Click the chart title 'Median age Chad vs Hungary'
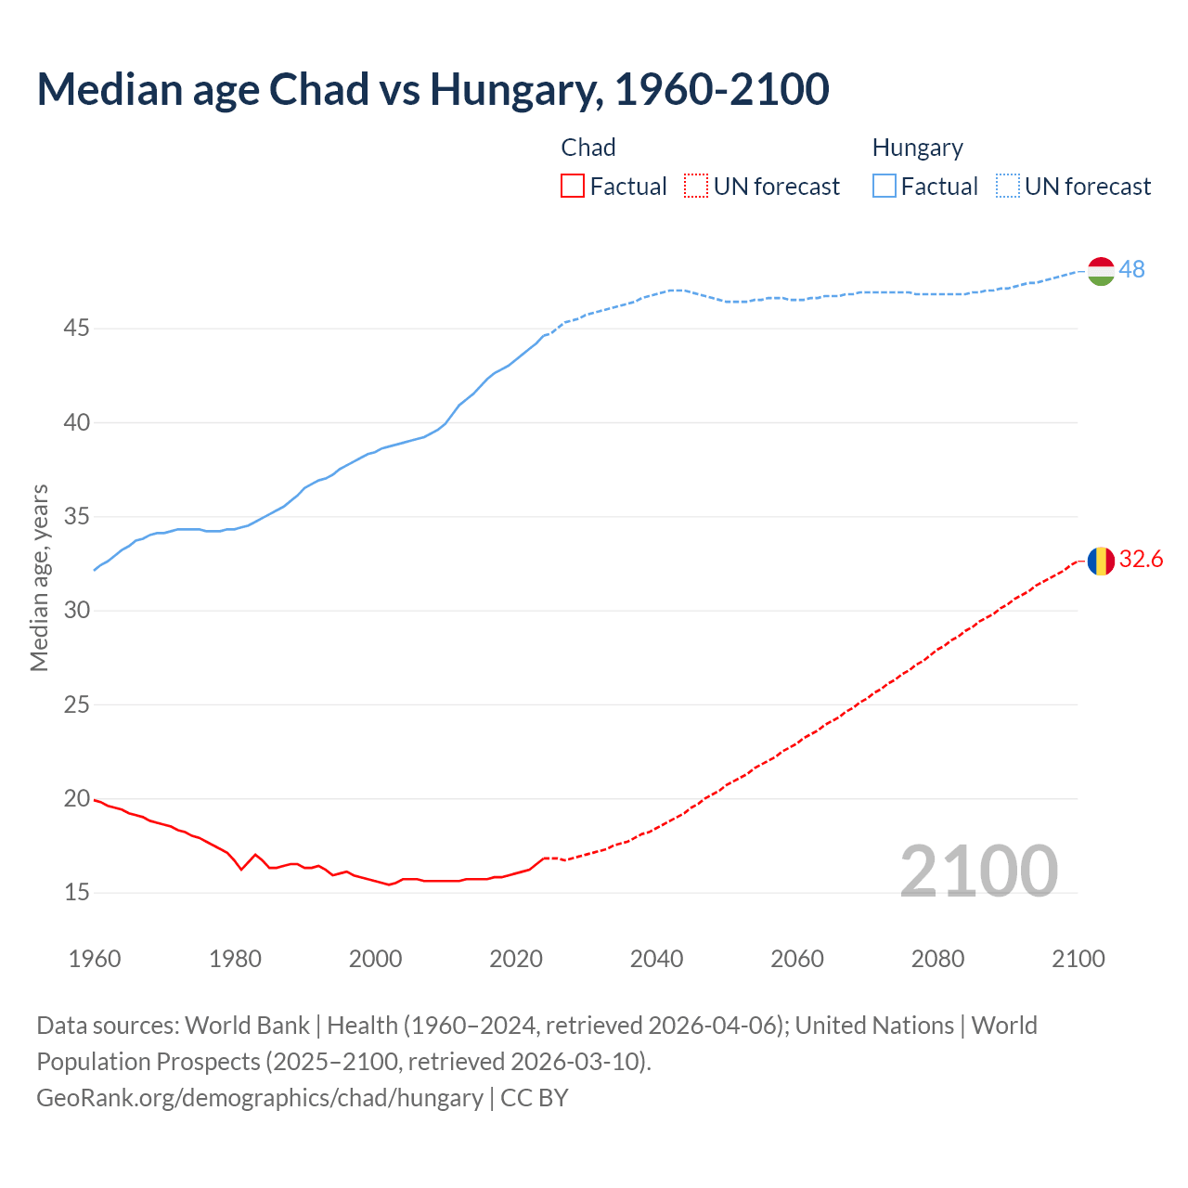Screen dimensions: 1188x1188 click(433, 89)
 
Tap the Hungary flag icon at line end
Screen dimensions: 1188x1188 click(1101, 270)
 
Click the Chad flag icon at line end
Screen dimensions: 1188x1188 click(1101, 561)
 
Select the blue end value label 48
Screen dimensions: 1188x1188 click(1131, 269)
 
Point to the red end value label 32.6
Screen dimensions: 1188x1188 click(1141, 559)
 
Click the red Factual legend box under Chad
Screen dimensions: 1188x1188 click(573, 187)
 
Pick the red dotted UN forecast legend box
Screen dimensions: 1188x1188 click(696, 187)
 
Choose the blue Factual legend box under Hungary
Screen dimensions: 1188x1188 click(885, 187)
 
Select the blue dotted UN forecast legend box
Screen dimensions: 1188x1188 click(1008, 187)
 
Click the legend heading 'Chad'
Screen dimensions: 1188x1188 click(588, 148)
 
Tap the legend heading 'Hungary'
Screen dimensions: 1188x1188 click(917, 148)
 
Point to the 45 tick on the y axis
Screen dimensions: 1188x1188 click(77, 329)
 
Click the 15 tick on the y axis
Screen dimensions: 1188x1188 click(77, 893)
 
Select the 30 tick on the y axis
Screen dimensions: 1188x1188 click(77, 611)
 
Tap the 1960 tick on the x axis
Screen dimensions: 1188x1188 click(95, 959)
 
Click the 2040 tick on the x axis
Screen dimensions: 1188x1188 click(656, 959)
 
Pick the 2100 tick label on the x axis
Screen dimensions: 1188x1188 click(1078, 959)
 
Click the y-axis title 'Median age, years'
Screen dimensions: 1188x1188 click(39, 577)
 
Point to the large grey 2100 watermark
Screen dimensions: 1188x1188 click(978, 871)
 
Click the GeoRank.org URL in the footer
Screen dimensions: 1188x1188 click(260, 1098)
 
